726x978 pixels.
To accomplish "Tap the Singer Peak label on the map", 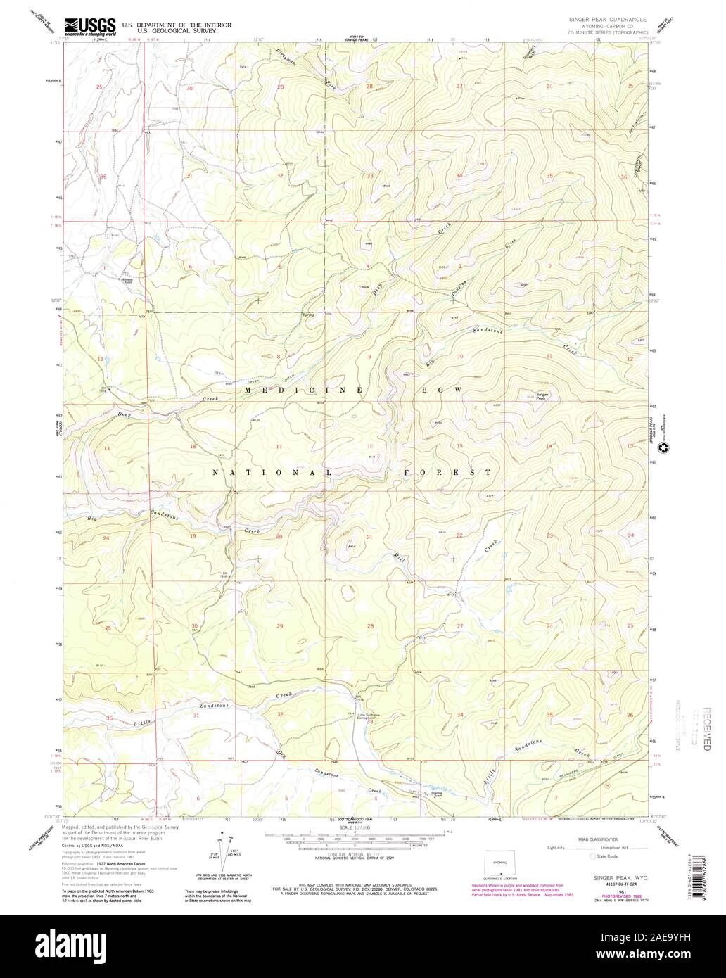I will (542, 395).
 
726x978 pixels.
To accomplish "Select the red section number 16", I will (370, 446).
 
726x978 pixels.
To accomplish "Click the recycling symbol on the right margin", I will (662, 446).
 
